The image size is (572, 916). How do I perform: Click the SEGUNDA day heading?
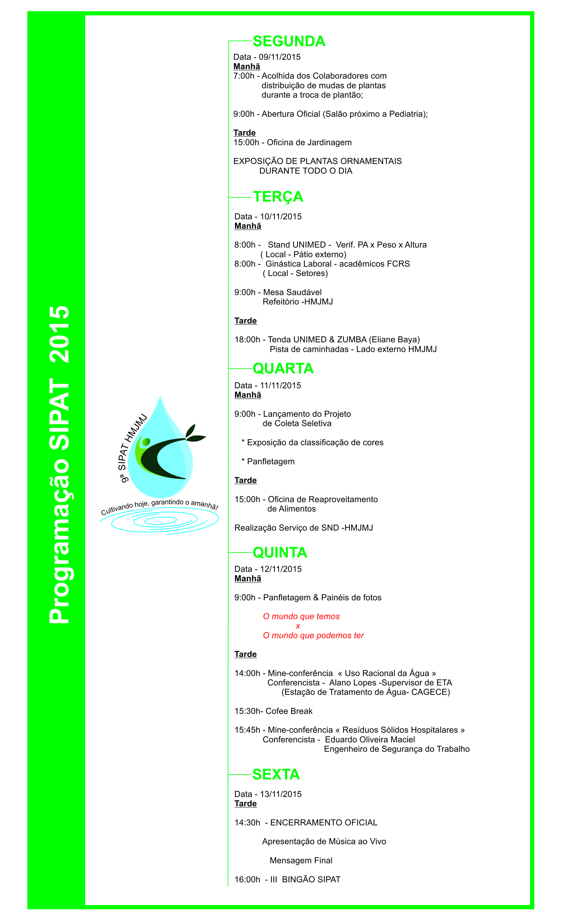pos(289,41)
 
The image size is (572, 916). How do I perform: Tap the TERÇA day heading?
pos(278,197)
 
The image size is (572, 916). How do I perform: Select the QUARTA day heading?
pos(283,369)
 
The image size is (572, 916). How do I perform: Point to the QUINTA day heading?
pos(280,553)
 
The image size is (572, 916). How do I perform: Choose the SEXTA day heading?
pos(276,775)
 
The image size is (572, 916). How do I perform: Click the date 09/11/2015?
pos(280,57)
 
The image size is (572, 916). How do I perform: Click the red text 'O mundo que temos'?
pos(301,616)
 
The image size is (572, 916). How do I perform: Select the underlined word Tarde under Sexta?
pos(246,804)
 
